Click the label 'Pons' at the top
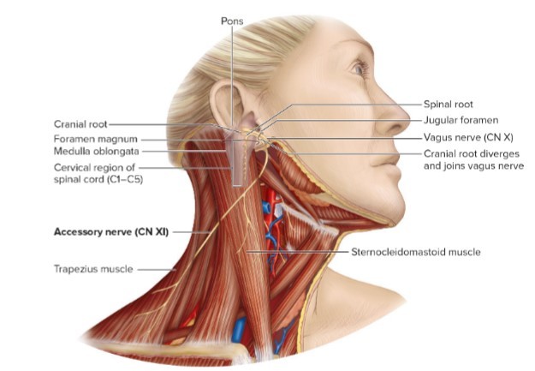point(231,19)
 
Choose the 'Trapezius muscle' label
point(91,269)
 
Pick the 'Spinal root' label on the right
point(448,104)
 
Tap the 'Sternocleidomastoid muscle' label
point(415,252)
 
